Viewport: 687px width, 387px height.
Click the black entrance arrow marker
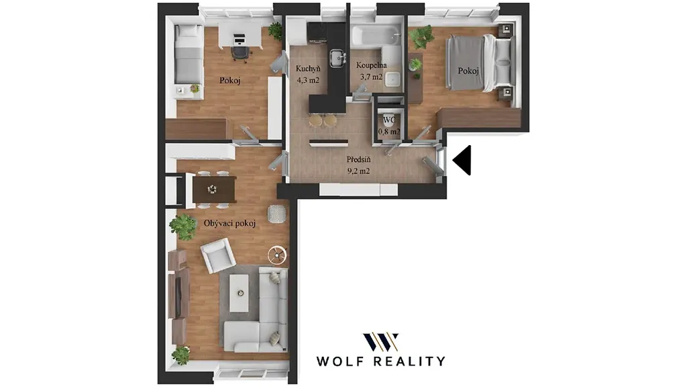(464, 160)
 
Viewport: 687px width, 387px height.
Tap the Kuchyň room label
(308, 69)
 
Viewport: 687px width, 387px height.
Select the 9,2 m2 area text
(358, 171)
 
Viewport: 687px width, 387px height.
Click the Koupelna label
(371, 65)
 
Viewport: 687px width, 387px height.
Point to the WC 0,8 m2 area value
(389, 131)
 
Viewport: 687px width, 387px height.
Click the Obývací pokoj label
(229, 223)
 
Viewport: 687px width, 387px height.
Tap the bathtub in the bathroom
(376, 36)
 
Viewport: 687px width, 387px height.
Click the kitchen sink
(337, 58)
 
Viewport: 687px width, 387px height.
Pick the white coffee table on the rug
(239, 293)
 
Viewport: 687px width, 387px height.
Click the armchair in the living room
(217, 255)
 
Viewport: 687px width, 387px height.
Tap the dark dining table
(214, 189)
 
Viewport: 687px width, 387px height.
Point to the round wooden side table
(277, 255)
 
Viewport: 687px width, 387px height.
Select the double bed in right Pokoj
(480, 64)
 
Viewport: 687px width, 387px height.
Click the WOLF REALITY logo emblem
(380, 342)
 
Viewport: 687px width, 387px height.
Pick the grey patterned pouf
(277, 214)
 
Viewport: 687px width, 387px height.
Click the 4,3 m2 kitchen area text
(308, 81)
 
